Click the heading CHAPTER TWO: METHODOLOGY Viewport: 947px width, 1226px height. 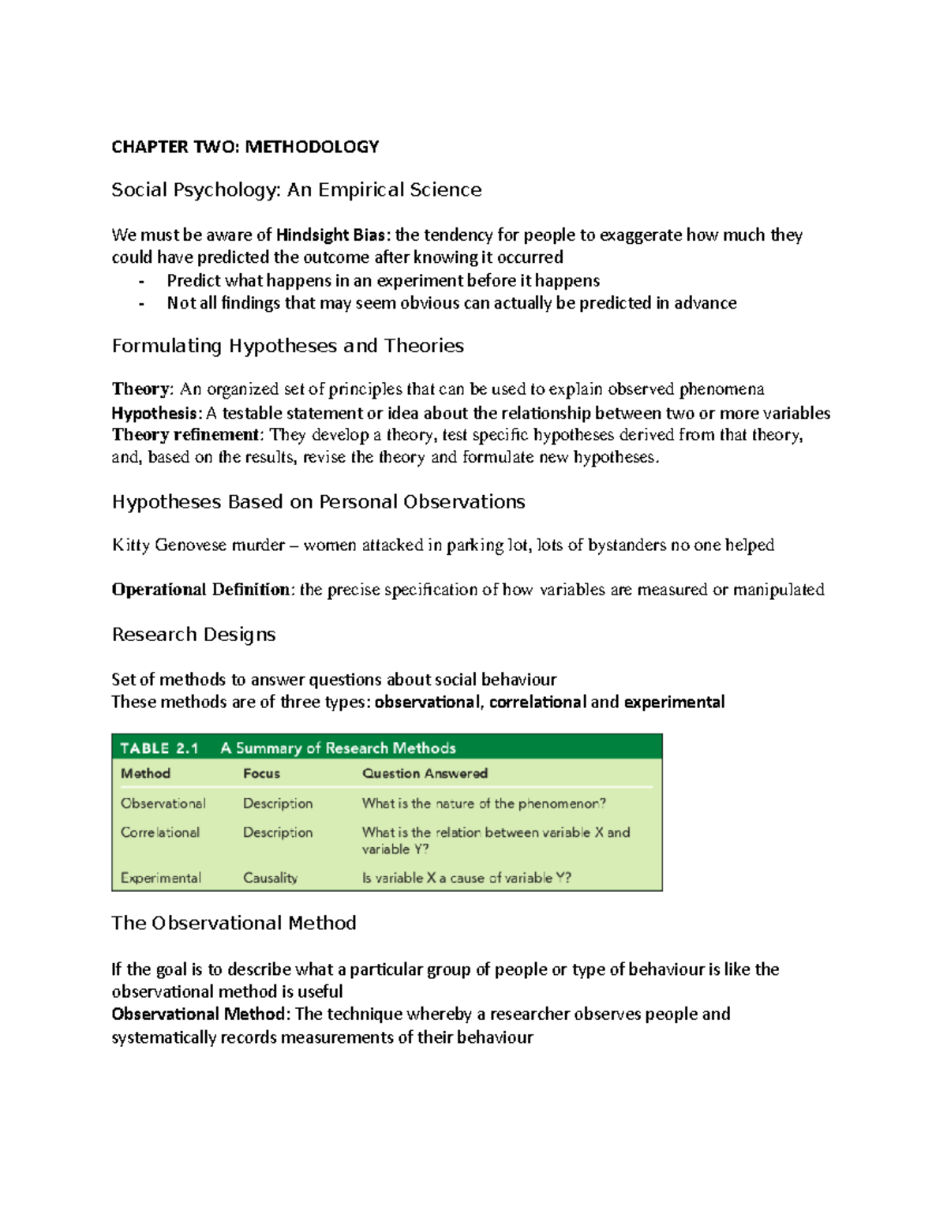[245, 147]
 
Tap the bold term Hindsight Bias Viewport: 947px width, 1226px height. [331, 235]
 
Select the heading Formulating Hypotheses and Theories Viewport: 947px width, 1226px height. [287, 346]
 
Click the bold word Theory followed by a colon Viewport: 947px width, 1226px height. [140, 389]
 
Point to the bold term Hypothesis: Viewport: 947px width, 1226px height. [156, 413]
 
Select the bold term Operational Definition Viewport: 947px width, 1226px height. [200, 590]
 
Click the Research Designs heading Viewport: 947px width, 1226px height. [193, 635]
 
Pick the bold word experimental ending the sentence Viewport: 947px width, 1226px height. [673, 703]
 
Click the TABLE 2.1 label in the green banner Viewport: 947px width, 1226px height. [159, 748]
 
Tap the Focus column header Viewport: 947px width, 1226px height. [261, 774]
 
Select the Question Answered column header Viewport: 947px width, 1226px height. [425, 774]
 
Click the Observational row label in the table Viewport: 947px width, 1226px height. [163, 804]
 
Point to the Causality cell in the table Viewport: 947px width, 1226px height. [270, 878]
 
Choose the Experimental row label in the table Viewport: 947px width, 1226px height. [160, 878]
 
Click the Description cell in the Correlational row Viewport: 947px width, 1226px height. [278, 833]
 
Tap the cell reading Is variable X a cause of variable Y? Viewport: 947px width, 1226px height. [466, 878]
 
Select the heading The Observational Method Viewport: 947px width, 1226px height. [234, 923]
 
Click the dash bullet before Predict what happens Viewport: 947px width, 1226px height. [141, 282]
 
